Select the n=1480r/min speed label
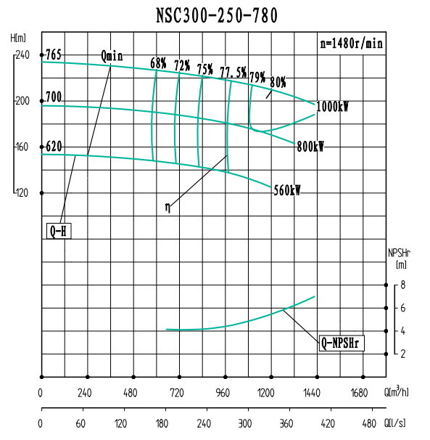[x=351, y=43]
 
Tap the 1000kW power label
[x=333, y=107]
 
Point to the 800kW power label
[x=310, y=147]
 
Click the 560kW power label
[x=287, y=191]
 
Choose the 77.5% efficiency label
[x=233, y=72]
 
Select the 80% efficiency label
[x=278, y=82]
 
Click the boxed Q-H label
[x=59, y=232]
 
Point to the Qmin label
[x=112, y=56]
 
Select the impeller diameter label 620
[x=54, y=147]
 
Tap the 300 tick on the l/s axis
[x=245, y=423]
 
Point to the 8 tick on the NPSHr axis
[x=403, y=285]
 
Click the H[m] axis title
[x=20, y=37]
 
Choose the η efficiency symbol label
[x=168, y=207]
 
